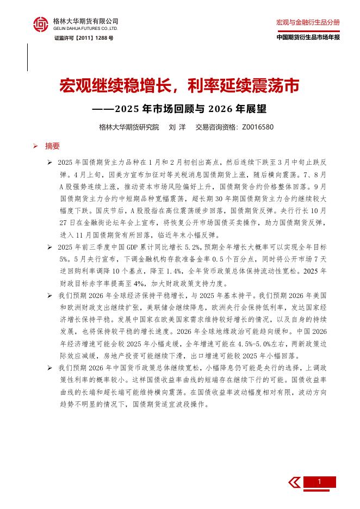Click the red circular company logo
41,24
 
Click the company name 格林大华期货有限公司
85,21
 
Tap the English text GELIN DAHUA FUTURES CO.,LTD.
85,28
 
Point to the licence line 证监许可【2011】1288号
83,39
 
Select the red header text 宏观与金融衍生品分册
308,22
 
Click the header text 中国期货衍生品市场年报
308,38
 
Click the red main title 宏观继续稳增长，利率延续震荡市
179,86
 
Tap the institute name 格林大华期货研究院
129,127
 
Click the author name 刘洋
177,127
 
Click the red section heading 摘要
53,146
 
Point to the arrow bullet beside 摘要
35,146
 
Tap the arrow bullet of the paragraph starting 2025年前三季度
49,247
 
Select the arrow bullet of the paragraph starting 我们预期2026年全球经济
49,295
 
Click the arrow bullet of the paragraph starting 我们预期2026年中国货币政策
49,368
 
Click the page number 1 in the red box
319,482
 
